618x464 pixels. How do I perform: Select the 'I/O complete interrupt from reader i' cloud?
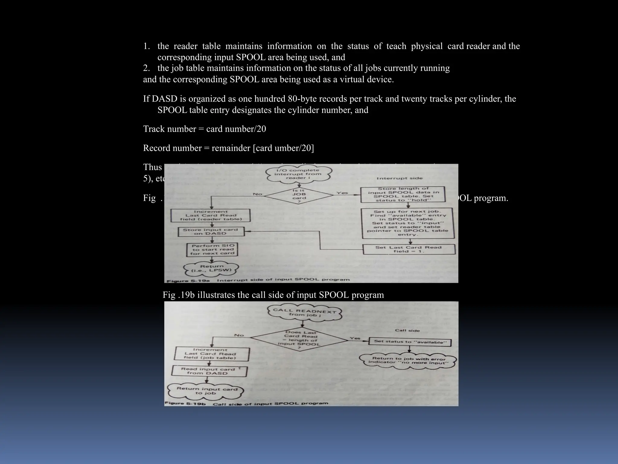[298, 174]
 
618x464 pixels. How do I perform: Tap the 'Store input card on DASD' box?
[210, 231]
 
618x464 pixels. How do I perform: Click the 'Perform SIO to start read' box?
[212, 250]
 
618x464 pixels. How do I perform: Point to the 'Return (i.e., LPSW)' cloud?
[212, 268]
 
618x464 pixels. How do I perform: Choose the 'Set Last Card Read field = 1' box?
[409, 249]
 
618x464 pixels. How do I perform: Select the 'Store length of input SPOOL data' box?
[403, 194]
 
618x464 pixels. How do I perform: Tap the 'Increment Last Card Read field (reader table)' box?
[211, 215]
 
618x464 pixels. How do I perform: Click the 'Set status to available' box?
[410, 342]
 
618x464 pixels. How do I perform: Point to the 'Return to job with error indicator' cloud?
[408, 361]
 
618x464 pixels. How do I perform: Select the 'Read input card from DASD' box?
[209, 371]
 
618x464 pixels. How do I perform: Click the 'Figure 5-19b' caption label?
[185, 403]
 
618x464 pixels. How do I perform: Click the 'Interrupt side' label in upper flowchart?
[400, 178]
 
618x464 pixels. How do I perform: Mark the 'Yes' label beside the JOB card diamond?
[342, 193]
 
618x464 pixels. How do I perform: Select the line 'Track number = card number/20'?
[204, 129]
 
